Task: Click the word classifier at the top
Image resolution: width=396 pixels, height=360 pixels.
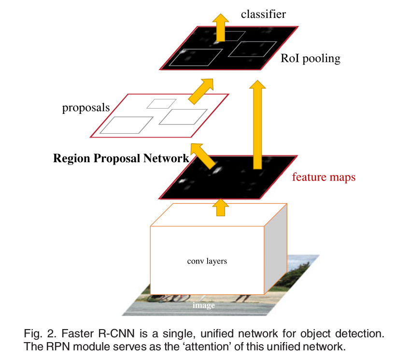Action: pyautogui.click(x=263, y=14)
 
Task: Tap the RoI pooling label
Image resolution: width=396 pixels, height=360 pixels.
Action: pyautogui.click(x=311, y=59)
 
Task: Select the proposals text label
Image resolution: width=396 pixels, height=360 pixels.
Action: pyautogui.click(x=86, y=107)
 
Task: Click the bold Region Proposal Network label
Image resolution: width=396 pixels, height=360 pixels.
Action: pyautogui.click(x=121, y=158)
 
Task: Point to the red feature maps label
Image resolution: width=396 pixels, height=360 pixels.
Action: pyautogui.click(x=324, y=177)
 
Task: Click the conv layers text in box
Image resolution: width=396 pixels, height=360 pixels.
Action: pyautogui.click(x=207, y=262)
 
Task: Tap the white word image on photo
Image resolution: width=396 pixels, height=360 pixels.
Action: pyautogui.click(x=203, y=305)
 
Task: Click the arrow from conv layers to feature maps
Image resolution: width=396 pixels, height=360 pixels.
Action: pyautogui.click(x=221, y=208)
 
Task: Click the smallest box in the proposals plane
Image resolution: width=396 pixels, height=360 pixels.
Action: pyautogui.click(x=161, y=103)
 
